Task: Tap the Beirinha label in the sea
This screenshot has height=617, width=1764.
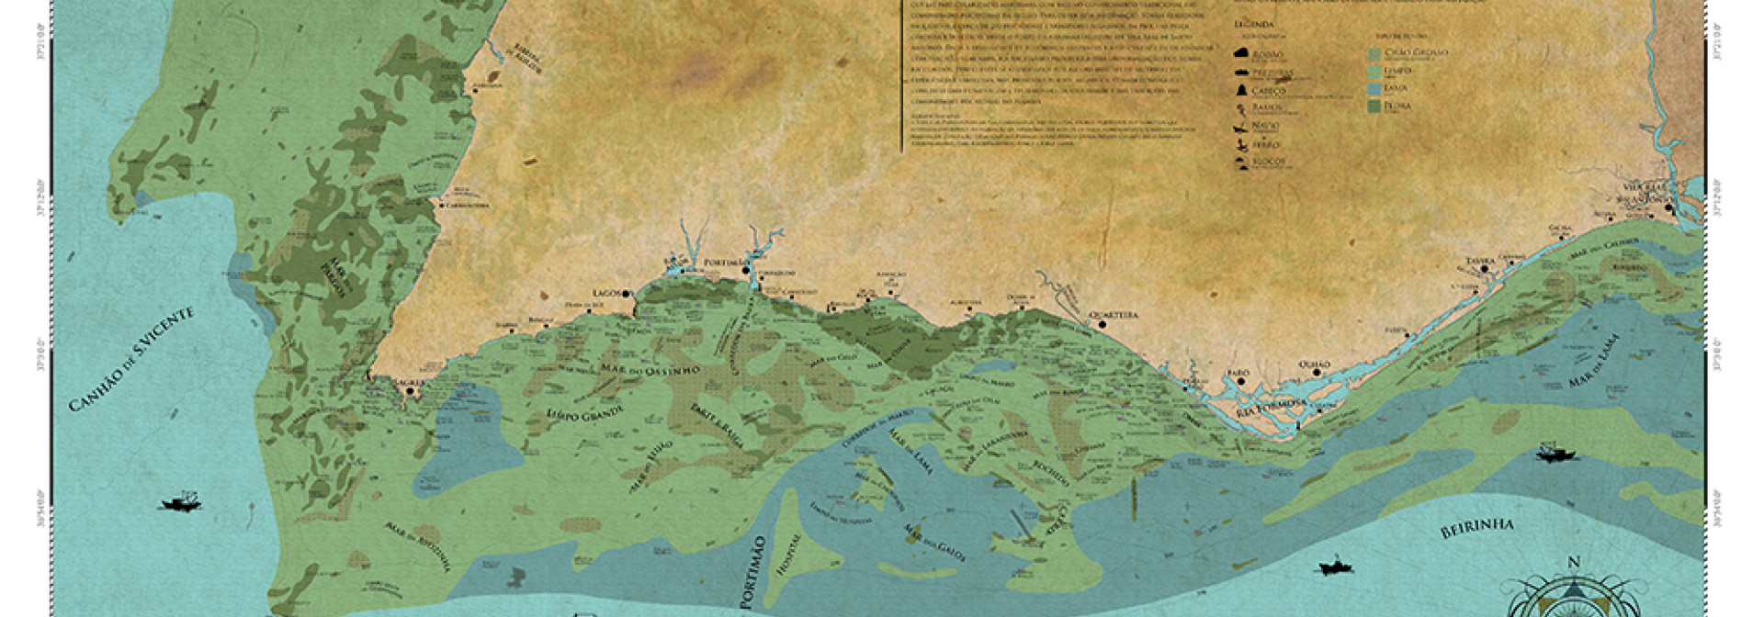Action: [1475, 528]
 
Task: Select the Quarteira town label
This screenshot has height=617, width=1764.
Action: [1114, 315]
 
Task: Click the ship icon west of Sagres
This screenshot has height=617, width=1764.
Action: [181, 502]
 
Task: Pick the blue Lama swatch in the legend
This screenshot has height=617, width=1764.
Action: [1374, 89]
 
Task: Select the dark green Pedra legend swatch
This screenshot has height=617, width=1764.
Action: [1374, 107]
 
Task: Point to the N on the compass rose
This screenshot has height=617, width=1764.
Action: [1573, 563]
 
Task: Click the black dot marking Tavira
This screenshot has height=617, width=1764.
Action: [1468, 269]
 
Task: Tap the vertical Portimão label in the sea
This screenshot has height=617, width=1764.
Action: [757, 570]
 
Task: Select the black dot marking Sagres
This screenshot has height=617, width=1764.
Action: [411, 393]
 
